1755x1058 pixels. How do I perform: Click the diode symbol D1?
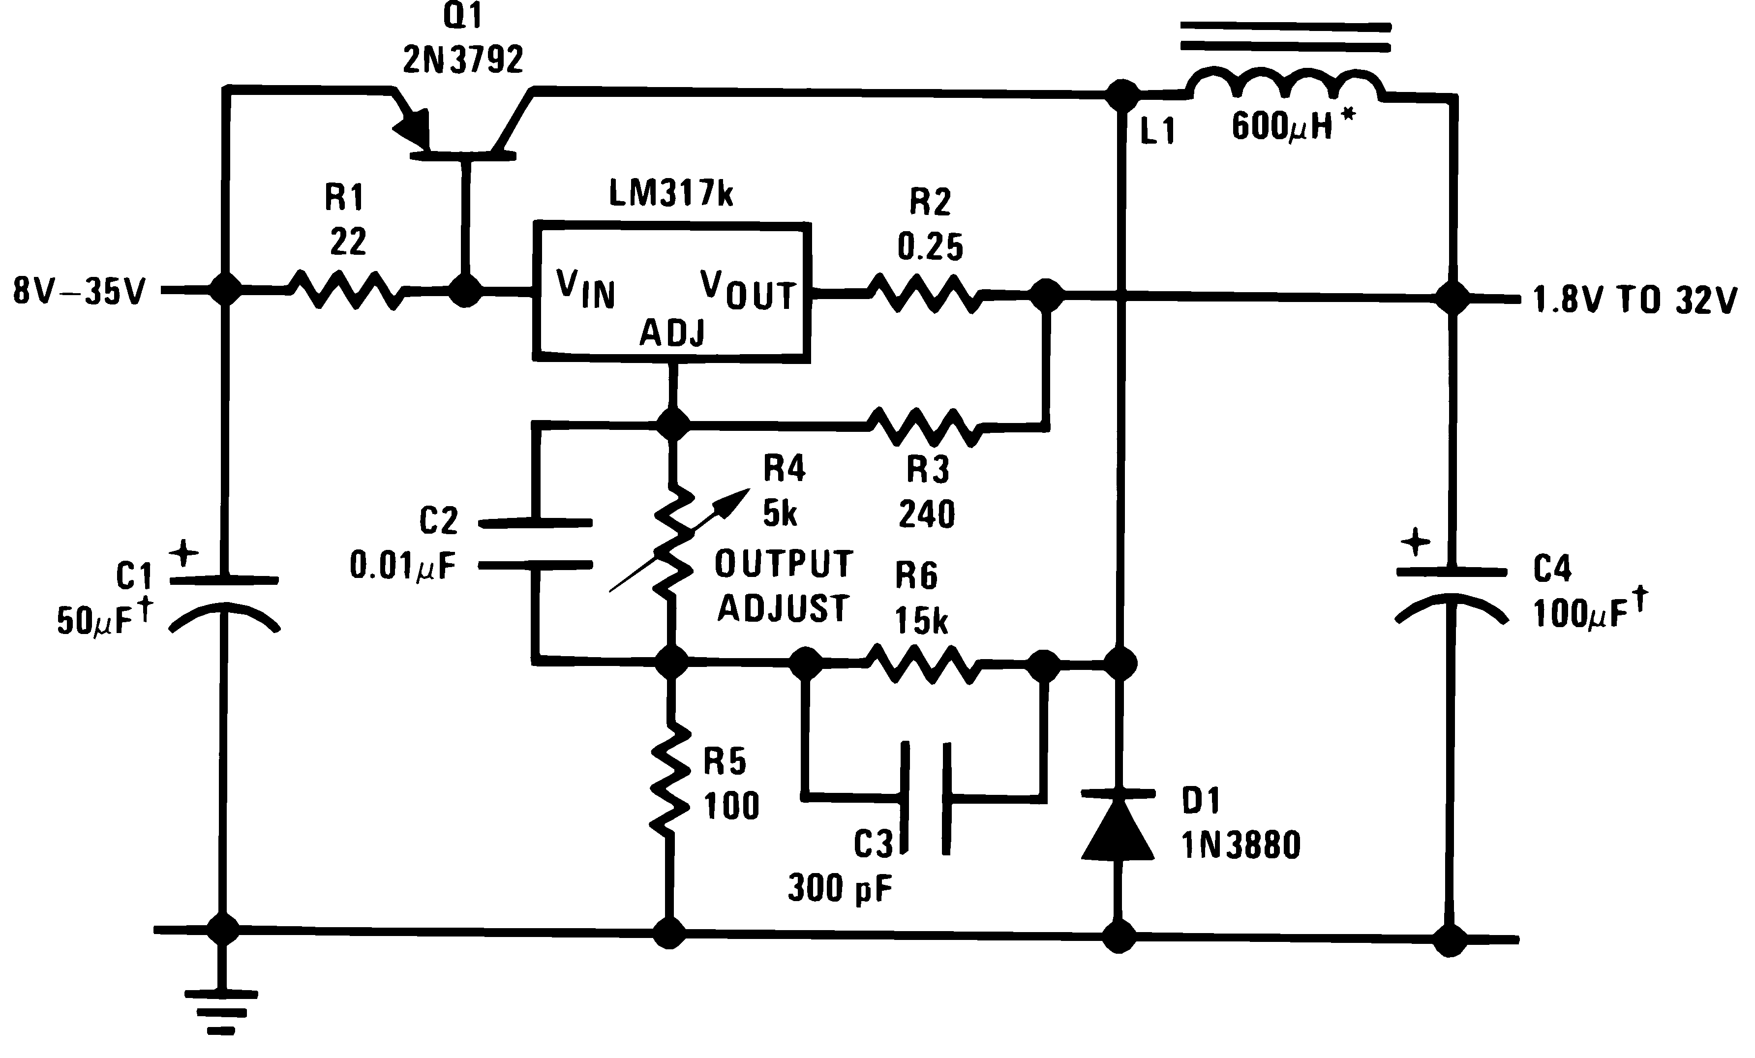[1118, 826]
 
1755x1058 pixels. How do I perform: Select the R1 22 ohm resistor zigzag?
[347, 290]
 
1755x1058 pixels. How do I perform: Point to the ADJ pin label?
[672, 333]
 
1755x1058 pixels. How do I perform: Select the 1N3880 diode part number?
[1241, 846]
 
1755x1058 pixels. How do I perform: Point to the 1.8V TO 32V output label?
[1634, 300]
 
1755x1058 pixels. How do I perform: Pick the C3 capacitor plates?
[925, 797]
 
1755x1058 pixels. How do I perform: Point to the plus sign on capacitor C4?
[1415, 542]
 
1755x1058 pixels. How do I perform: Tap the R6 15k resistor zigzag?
[923, 664]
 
